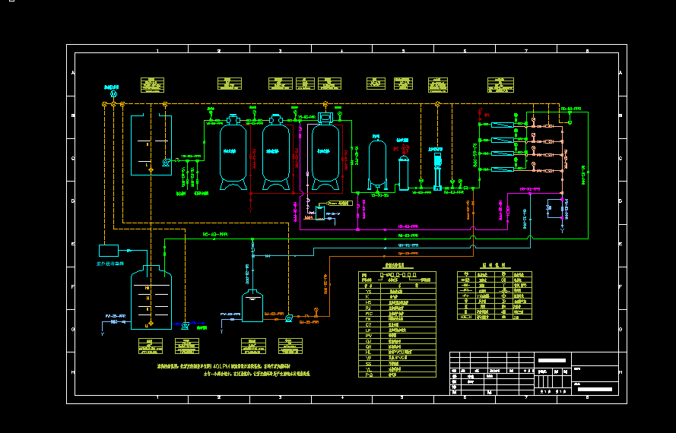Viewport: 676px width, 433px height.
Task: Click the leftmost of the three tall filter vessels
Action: (x=233, y=154)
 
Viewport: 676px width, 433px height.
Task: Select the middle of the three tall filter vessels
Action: (x=276, y=154)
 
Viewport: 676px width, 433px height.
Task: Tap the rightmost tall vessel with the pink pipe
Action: (x=325, y=154)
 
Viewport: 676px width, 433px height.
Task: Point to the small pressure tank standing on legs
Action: (x=376, y=163)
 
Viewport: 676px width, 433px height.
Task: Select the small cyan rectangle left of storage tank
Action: (x=109, y=250)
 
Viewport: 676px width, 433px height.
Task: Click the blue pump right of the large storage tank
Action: (x=185, y=324)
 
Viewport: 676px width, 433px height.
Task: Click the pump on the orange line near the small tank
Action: (x=289, y=318)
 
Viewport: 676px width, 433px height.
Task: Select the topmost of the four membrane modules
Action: (x=502, y=125)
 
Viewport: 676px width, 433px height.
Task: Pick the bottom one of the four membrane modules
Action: (x=502, y=166)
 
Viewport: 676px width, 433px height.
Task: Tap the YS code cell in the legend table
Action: (x=369, y=290)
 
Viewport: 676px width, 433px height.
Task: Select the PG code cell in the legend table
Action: (x=369, y=374)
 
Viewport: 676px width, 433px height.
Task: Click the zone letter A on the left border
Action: (x=74, y=73)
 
